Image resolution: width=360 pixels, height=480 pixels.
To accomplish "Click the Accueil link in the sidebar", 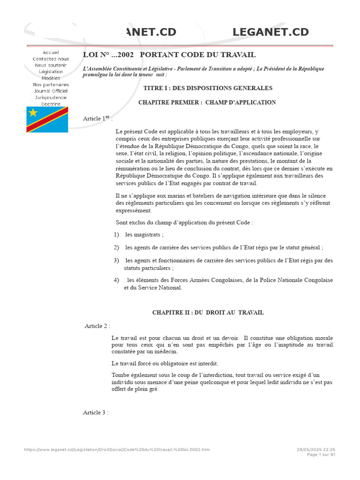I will [51, 52].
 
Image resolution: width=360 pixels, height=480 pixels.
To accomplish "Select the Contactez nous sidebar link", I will [51, 59].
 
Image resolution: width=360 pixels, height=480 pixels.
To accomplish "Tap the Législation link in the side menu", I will [51, 72].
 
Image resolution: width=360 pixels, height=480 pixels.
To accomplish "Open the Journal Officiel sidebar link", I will [51, 91].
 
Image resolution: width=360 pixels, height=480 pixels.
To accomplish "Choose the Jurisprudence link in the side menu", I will [51, 97].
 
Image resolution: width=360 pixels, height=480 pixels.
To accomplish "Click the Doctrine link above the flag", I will [51, 104].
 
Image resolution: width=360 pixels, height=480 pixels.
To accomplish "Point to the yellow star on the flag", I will [33, 112].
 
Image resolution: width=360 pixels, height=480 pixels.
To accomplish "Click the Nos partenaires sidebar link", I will [51, 85].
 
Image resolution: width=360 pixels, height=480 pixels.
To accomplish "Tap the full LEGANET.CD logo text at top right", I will [270, 32].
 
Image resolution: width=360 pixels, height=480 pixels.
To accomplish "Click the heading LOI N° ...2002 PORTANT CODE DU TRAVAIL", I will [169, 55].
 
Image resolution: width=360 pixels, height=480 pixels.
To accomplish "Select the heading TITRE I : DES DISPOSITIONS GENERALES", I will [208, 88].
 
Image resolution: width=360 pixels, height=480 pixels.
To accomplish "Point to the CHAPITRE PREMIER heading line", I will [207, 102].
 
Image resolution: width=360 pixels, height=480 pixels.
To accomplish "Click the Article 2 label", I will [97, 326].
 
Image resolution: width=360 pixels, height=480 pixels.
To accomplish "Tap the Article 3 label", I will [96, 412].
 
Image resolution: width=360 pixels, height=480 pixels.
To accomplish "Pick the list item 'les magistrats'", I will [144, 234].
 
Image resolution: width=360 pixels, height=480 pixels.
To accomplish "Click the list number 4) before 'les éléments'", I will [117, 280].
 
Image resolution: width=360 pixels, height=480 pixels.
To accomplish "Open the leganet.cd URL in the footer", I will [117, 450].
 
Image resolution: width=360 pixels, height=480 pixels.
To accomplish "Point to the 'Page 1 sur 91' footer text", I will [321, 455].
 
